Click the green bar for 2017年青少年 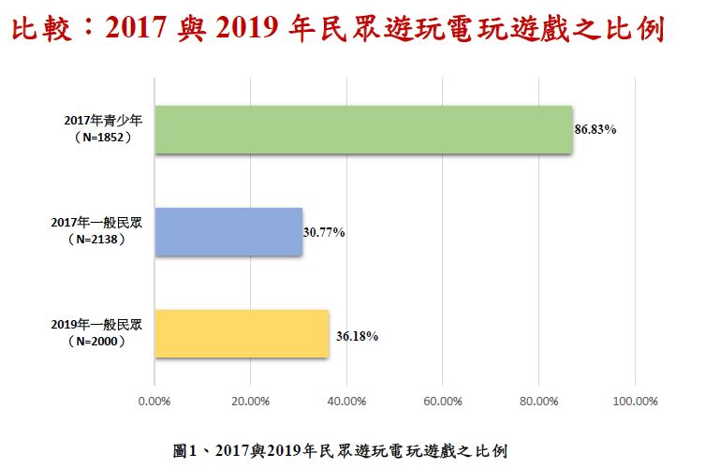[x=362, y=129]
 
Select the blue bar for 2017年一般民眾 [x=228, y=231]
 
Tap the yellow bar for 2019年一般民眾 [x=242, y=333]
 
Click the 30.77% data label [x=324, y=232]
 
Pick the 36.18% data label [x=356, y=335]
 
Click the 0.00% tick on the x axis [x=154, y=402]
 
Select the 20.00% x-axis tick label [x=250, y=402]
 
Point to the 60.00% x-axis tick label [x=443, y=402]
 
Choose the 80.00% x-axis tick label [x=538, y=402]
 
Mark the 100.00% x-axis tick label [x=635, y=402]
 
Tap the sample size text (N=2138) [x=97, y=240]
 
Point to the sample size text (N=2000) [x=97, y=342]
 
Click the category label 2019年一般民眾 [x=97, y=325]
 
